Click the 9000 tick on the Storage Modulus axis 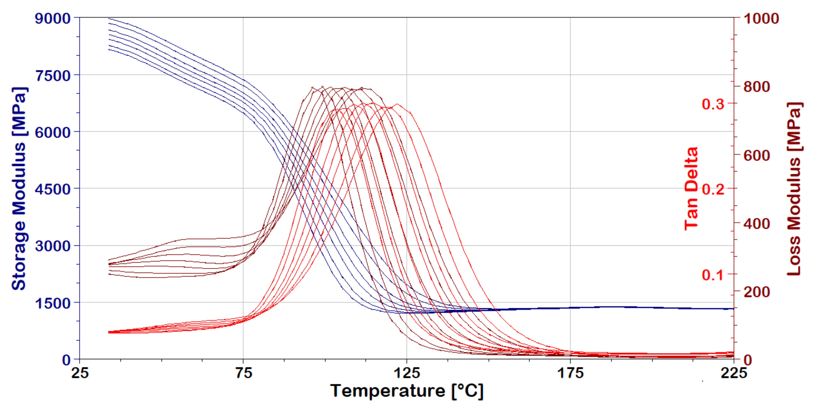point(53,19)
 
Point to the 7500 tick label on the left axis point(53,76)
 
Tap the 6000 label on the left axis point(53,133)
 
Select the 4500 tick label point(53,189)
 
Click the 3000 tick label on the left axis point(53,246)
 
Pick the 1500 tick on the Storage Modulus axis point(53,303)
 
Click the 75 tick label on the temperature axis point(244,373)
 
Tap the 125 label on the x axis point(407,373)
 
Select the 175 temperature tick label point(570,373)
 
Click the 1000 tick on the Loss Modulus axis point(761,19)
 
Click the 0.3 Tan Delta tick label point(713,104)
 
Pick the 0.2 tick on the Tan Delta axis point(713,189)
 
